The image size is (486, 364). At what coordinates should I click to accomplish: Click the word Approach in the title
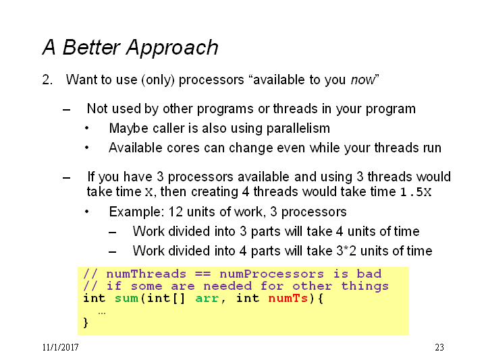(172, 48)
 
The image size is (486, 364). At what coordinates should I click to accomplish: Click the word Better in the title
(91, 47)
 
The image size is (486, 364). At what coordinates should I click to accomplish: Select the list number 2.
(47, 80)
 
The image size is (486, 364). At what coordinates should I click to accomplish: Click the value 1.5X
(416, 192)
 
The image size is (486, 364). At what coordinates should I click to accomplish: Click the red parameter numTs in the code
(288, 299)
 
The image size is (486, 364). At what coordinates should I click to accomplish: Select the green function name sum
(126, 299)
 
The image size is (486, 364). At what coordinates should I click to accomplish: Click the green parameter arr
(207, 299)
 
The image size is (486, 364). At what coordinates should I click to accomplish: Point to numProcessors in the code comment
(271, 274)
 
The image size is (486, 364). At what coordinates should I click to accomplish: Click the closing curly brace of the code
(86, 322)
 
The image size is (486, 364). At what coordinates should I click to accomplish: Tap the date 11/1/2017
(61, 347)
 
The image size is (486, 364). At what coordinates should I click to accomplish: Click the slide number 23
(439, 347)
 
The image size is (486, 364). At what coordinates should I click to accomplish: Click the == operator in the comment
(202, 274)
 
